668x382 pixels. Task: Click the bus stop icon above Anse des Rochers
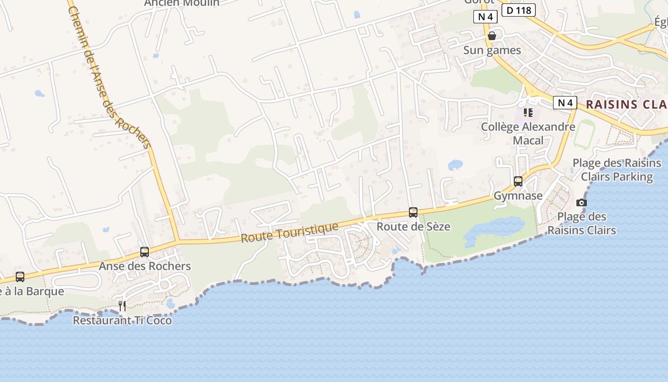(145, 252)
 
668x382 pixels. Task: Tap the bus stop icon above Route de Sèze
(413, 212)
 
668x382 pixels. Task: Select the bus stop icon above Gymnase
(518, 181)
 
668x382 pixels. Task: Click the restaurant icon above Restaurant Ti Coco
(122, 306)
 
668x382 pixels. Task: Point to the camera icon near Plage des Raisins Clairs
(581, 202)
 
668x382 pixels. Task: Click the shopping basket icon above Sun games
(492, 36)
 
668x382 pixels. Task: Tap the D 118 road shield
(519, 10)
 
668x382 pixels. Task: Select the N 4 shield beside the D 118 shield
(486, 17)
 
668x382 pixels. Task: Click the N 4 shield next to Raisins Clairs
(565, 103)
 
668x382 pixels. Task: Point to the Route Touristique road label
(290, 232)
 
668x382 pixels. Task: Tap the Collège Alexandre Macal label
(528, 134)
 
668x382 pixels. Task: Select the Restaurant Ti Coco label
(122, 320)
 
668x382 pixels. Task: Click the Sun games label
(492, 50)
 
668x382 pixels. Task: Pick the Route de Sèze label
(413, 226)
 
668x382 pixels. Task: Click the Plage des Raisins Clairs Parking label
(617, 170)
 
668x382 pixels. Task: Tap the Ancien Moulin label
(182, 3)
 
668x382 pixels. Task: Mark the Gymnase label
(518, 196)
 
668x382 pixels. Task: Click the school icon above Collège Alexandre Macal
(528, 113)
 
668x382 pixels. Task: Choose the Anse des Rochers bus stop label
(145, 266)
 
